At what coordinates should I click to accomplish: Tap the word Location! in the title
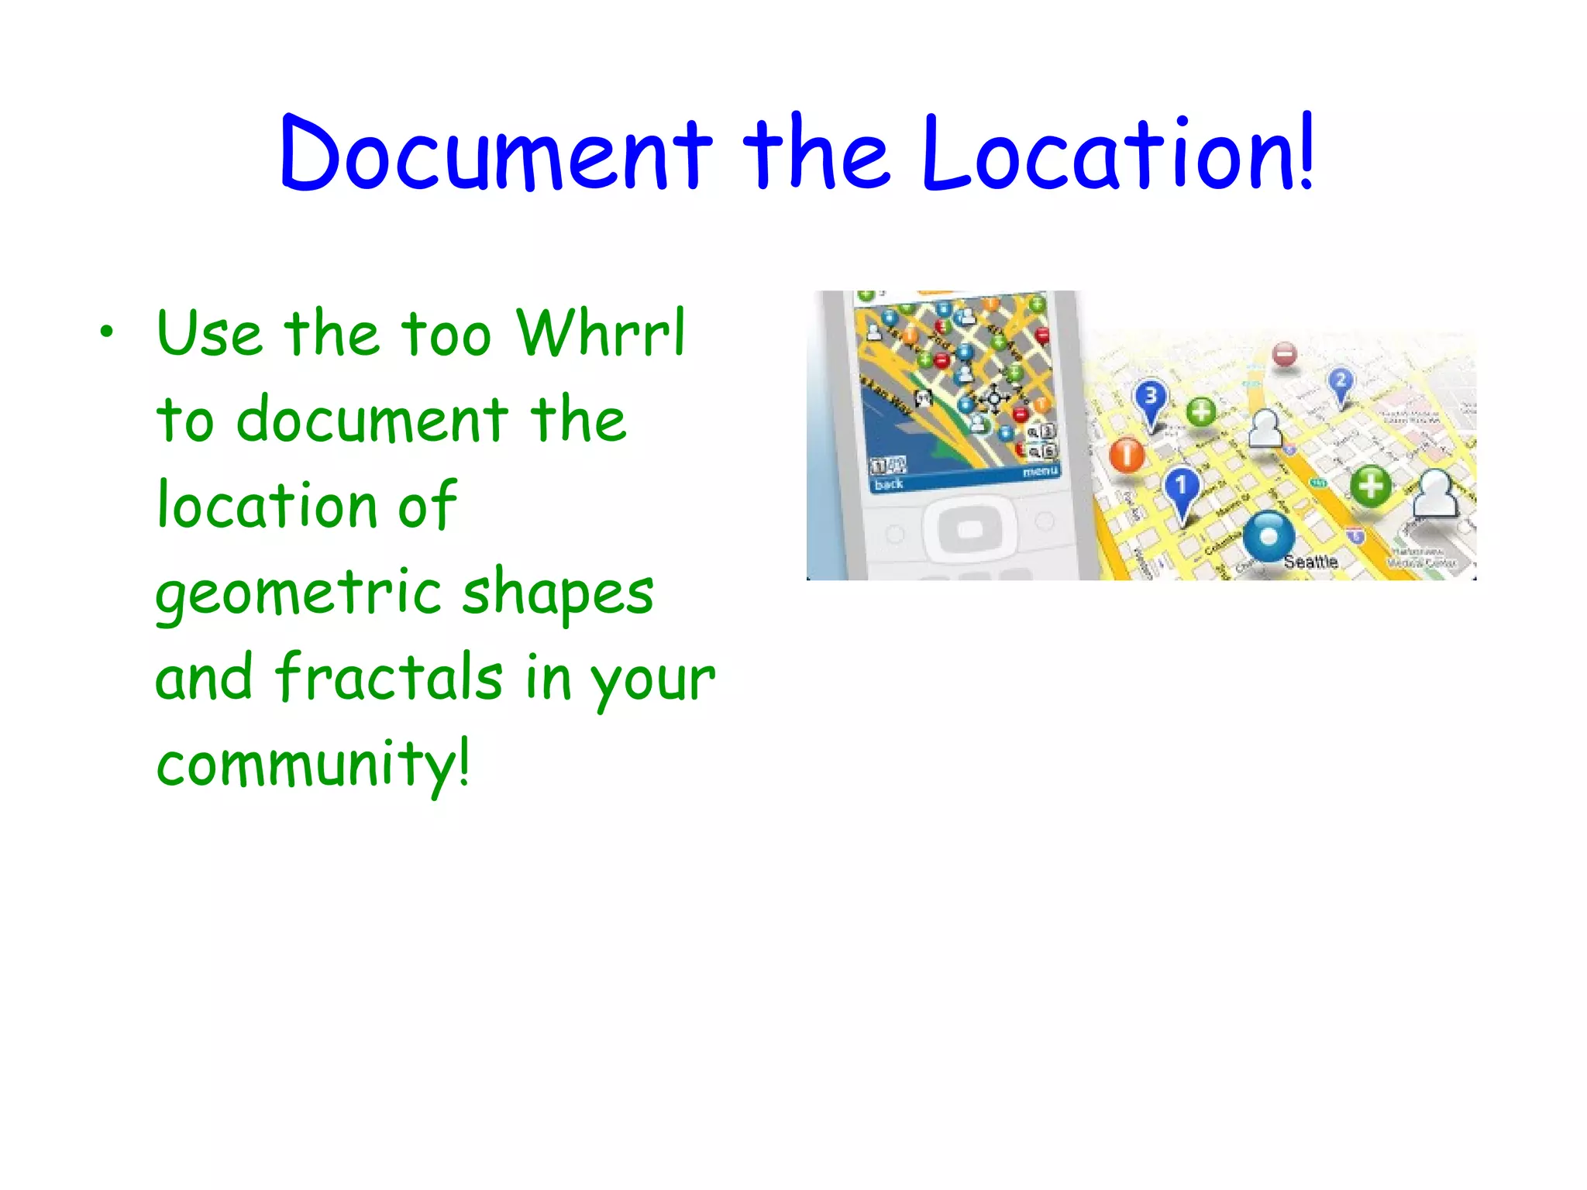pyautogui.click(x=1118, y=153)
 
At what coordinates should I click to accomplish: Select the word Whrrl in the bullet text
pyautogui.click(x=601, y=333)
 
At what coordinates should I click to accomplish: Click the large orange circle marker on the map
pyautogui.click(x=1127, y=454)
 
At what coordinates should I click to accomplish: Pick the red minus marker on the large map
pyautogui.click(x=1285, y=355)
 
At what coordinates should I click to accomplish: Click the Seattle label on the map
pyautogui.click(x=1310, y=562)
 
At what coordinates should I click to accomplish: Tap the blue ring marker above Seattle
pyautogui.click(x=1269, y=535)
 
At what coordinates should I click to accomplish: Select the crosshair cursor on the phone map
pyautogui.click(x=994, y=398)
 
